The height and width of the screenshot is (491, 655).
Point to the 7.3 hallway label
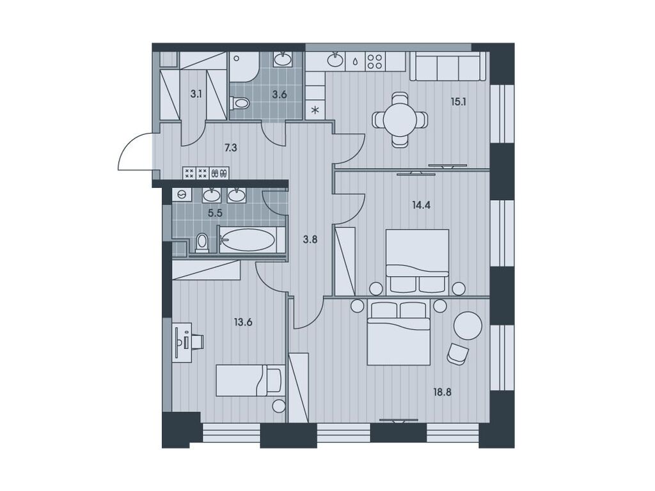[232, 147]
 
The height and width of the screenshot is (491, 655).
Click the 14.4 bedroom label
[422, 205]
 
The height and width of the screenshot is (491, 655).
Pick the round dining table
[400, 120]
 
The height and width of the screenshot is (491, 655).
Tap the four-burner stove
[375, 61]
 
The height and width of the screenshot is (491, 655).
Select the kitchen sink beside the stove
[335, 61]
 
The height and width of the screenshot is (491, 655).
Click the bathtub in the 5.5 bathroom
[248, 240]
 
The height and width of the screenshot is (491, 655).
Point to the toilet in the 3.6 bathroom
[239, 102]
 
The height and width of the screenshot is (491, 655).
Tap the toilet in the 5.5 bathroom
[201, 242]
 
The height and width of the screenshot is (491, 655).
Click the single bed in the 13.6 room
[249, 380]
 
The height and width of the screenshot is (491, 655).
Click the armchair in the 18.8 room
[457, 354]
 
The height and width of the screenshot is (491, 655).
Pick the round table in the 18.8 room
[468, 325]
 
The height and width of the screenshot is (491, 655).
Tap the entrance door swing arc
[133, 152]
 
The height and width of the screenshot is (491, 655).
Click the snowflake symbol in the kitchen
[315, 109]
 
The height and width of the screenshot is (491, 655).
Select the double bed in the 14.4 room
[417, 260]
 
